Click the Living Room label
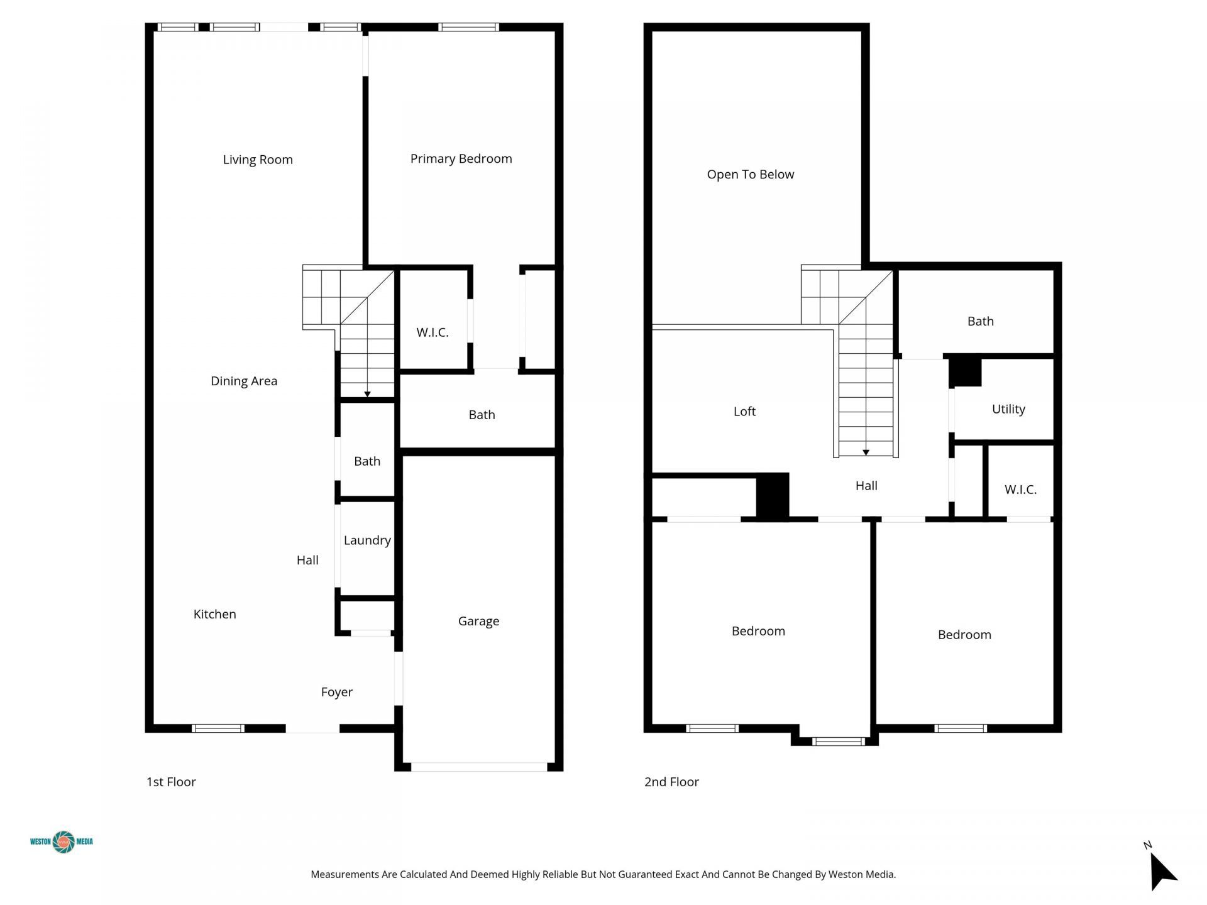click(258, 160)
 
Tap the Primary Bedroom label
click(461, 159)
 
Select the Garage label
click(478, 621)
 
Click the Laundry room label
click(367, 540)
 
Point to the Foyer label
click(336, 692)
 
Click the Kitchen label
click(214, 614)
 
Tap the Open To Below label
click(750, 175)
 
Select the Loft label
click(744, 411)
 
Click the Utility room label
click(1008, 409)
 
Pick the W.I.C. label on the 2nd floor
click(1020, 490)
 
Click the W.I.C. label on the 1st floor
click(433, 332)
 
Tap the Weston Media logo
click(62, 842)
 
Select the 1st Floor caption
click(171, 782)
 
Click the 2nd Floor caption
click(671, 782)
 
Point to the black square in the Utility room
click(966, 371)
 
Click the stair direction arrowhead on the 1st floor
click(367, 394)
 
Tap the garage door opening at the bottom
click(479, 767)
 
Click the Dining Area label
click(244, 381)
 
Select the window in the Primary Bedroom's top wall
click(468, 27)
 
